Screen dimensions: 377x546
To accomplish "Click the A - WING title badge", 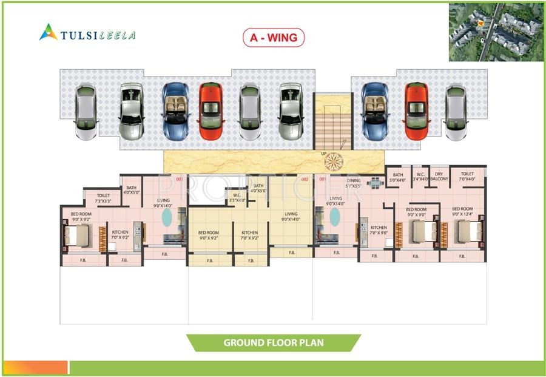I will pyautogui.click(x=274, y=38).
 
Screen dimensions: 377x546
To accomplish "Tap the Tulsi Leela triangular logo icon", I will pyautogui.click(x=48, y=32).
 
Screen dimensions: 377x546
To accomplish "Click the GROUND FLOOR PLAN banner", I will pyautogui.click(x=273, y=342).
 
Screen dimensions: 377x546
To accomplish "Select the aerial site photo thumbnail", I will pyautogui.click(x=495, y=32).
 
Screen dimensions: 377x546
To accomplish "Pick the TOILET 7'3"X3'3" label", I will pyautogui.click(x=104, y=198).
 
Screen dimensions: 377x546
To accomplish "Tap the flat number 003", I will pyautogui.click(x=180, y=179).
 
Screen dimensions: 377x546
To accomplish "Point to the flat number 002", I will pyautogui.click(x=305, y=179).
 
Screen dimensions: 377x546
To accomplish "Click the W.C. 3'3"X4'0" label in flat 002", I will pyautogui.click(x=237, y=197).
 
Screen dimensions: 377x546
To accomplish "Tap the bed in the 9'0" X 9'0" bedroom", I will pyautogui.click(x=425, y=232).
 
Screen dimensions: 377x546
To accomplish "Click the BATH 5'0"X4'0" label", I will pyautogui.click(x=398, y=177).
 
